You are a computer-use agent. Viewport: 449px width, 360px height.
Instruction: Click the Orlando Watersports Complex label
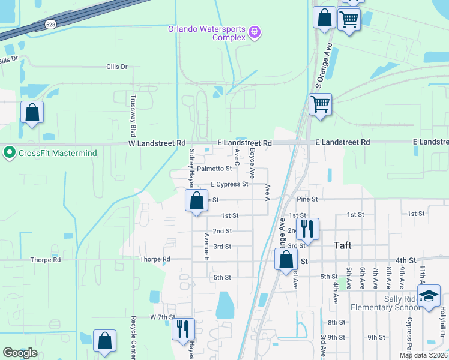tap(206, 33)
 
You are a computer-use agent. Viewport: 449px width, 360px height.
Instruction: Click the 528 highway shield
tap(50, 24)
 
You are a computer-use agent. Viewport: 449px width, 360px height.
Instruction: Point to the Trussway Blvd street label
tap(134, 116)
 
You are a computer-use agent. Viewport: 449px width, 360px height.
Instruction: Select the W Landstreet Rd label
tap(157, 143)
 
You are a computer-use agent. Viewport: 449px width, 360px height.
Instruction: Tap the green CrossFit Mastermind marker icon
tap(9, 153)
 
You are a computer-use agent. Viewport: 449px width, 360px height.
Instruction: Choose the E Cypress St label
tap(229, 184)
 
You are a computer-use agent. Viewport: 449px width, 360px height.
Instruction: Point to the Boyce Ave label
tap(253, 163)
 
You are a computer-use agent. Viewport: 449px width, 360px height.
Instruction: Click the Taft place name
tap(343, 245)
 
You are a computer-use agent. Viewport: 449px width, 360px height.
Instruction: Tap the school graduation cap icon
tap(429, 296)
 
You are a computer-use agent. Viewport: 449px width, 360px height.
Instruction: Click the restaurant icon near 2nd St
tap(307, 228)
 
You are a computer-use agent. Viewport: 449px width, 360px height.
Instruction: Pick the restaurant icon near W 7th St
tap(183, 328)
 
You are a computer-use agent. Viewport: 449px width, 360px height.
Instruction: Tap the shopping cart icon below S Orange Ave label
tap(320, 104)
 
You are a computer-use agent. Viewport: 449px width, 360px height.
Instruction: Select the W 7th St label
tap(162, 316)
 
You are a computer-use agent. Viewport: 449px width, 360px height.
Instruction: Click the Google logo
tap(20, 353)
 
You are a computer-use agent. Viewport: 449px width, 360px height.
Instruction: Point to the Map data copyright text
tap(424, 355)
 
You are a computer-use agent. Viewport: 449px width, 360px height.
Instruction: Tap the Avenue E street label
tap(207, 246)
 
